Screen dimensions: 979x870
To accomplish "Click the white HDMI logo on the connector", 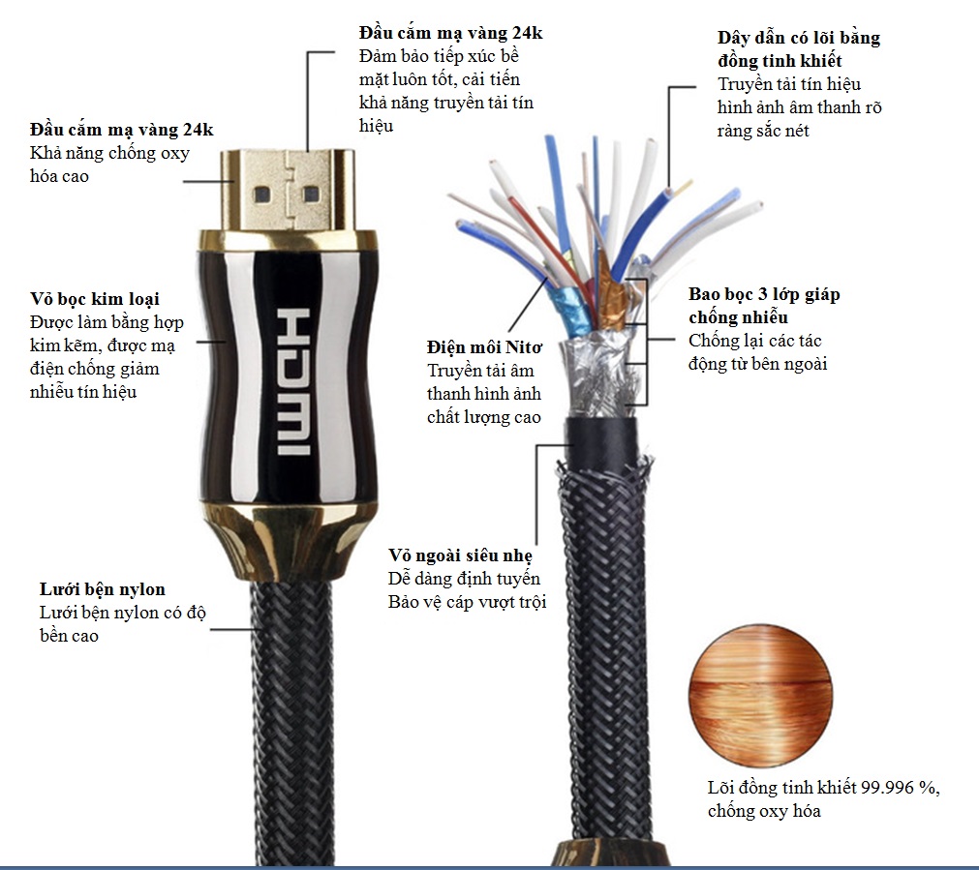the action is pos(293,380).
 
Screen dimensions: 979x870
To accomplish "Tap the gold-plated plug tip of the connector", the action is pos(288,190).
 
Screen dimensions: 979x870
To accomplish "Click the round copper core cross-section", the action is pos(760,695).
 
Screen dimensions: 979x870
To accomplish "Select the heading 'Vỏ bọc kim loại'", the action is pos(95,299).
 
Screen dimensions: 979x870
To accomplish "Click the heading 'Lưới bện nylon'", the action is pos(103,589).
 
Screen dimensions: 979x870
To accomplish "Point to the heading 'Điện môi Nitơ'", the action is pos(484,347).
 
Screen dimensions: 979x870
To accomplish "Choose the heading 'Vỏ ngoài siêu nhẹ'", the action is pos(460,555).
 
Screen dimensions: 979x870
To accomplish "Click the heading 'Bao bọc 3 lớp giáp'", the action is pos(764,294).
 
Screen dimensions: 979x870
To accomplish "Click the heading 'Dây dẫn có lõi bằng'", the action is pos(799,38).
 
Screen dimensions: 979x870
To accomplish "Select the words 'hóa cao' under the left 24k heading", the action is pos(59,176).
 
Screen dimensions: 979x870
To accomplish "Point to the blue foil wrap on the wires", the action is pos(569,311).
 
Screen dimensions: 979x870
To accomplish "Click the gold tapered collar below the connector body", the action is pos(290,542).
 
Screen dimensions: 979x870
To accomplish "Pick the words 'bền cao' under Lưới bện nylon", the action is pos(70,636).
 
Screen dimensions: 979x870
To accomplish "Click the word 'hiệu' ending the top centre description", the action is pos(376,126).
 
